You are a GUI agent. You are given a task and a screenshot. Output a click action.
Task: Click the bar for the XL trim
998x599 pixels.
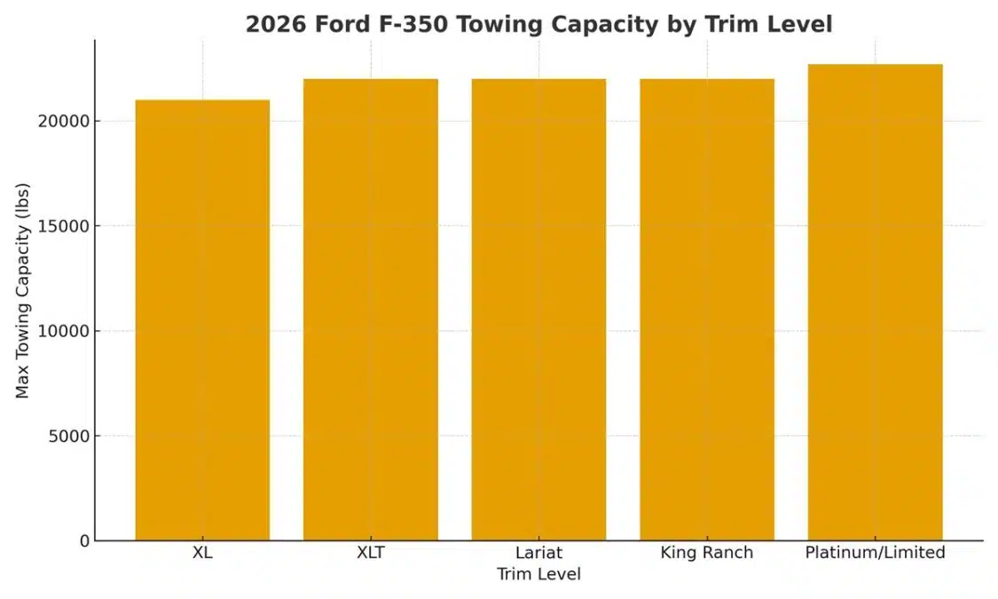202,319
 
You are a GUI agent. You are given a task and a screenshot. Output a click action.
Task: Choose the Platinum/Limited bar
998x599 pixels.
875,302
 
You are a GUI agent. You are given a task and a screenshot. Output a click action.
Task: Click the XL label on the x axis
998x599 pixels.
202,553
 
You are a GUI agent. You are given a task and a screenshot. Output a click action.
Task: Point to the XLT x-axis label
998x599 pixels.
370,553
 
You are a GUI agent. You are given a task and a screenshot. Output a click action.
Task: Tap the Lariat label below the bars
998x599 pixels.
538,553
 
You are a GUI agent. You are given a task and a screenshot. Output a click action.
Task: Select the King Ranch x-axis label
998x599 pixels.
707,553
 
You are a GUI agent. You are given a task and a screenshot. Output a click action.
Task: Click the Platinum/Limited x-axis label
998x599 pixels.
875,553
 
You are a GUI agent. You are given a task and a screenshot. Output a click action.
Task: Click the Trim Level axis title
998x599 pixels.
538,575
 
